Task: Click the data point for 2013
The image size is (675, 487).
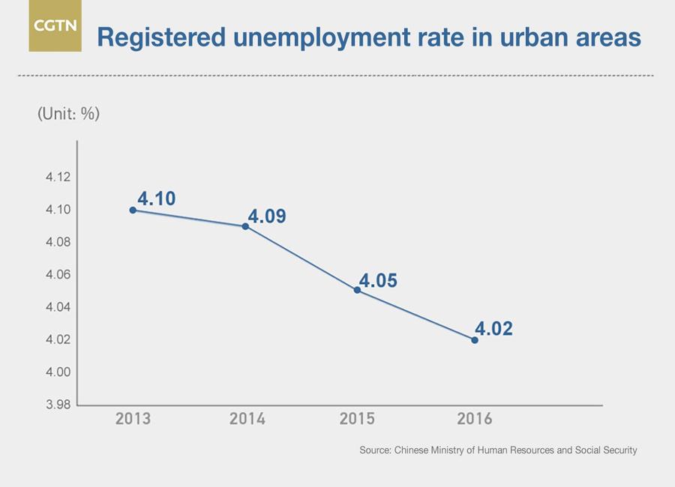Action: (133, 210)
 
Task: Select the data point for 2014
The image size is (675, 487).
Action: (245, 226)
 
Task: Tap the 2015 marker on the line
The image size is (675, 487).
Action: (358, 290)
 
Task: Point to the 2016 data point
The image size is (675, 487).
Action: (475, 340)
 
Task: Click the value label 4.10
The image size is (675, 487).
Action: (156, 199)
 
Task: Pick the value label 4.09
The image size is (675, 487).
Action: (268, 217)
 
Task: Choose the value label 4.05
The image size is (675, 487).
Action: (378, 281)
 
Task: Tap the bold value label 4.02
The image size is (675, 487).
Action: (493, 328)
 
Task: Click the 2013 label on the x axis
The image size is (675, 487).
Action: (133, 418)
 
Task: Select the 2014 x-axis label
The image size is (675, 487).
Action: (247, 418)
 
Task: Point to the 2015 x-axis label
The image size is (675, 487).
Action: (358, 418)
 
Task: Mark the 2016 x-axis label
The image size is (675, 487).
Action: (474, 418)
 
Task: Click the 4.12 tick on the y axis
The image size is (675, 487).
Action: (56, 178)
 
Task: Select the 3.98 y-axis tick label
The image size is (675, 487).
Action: (56, 405)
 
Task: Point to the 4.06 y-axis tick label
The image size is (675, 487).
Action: (56, 275)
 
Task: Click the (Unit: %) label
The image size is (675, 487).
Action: (68, 114)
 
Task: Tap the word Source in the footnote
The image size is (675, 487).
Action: (373, 450)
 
